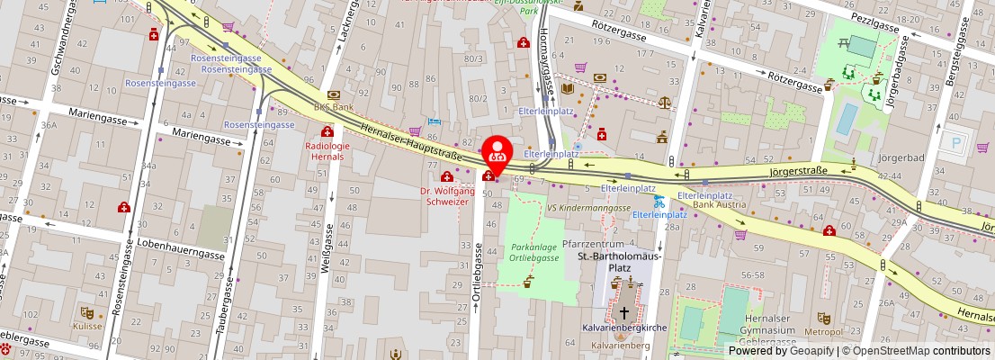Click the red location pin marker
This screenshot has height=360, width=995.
[496, 152]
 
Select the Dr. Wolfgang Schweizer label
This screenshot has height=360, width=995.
[447, 195]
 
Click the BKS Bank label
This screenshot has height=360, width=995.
[333, 106]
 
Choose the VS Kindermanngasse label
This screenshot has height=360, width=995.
[588, 207]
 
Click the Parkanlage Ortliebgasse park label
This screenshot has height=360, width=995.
[529, 252]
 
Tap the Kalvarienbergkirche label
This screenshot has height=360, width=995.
[624, 328]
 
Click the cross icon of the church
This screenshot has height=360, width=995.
[624, 312]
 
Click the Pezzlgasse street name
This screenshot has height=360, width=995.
[872, 27]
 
